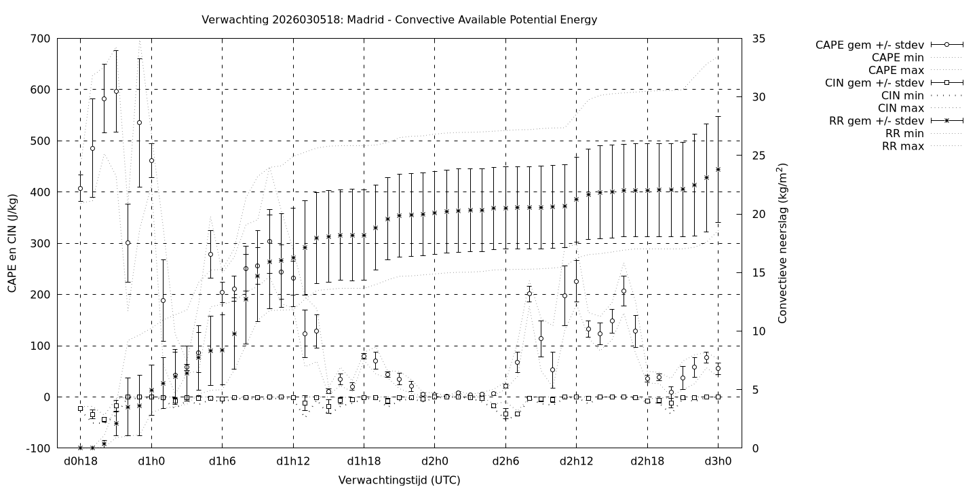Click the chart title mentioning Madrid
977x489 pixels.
pos(399,20)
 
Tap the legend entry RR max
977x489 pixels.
pos(902,146)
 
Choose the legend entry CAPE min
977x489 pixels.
pos(898,58)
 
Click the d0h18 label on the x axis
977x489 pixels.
pos(80,463)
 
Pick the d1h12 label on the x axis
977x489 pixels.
pos(293,463)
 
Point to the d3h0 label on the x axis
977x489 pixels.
pos(718,463)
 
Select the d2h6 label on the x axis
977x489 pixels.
pos(505,463)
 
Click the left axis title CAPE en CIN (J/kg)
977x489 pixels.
pos(13,243)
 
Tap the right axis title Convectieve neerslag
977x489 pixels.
pos(782,243)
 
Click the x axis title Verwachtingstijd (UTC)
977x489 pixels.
pos(399,480)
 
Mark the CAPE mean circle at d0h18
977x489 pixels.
pos(80,189)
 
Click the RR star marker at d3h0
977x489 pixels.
pos(718,169)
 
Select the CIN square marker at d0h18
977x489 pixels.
pos(80,409)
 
